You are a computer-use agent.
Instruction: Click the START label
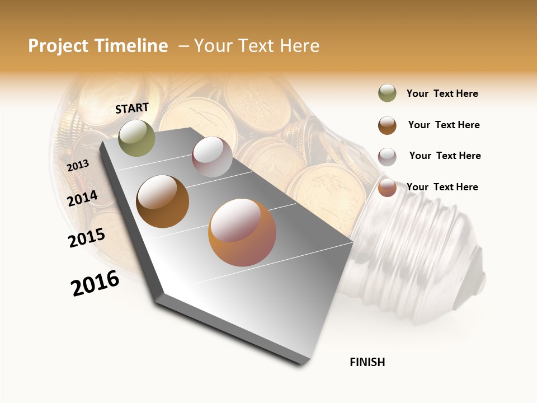click(132, 108)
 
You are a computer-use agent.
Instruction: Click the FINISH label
click(367, 362)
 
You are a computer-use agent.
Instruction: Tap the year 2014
click(82, 198)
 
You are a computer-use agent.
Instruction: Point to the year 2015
click(87, 237)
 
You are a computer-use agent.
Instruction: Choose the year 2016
click(95, 283)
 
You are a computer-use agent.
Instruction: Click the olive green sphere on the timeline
click(136, 138)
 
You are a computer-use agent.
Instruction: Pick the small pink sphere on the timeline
click(212, 157)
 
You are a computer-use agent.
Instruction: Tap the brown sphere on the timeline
click(163, 201)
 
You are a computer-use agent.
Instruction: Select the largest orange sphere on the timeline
click(242, 232)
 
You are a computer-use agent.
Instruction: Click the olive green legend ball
click(387, 93)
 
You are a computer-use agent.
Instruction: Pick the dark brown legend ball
click(387, 125)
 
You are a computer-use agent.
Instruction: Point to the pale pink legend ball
click(387, 156)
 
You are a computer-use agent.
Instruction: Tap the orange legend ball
click(387, 188)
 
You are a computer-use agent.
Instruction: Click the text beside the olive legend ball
click(442, 93)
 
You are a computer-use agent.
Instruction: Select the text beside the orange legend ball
click(442, 187)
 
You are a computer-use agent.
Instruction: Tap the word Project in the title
click(58, 46)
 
